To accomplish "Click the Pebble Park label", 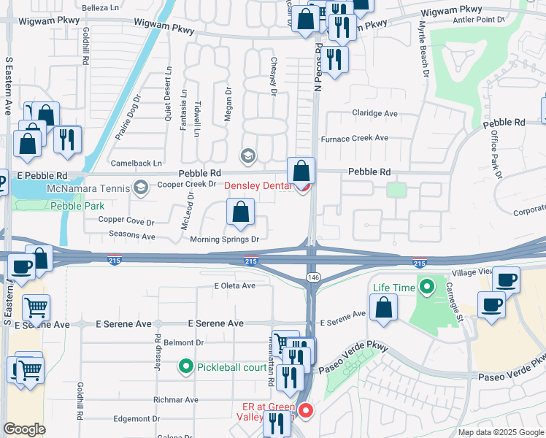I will click(77, 207).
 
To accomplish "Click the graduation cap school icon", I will click(248, 155).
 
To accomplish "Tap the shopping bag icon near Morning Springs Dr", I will click(240, 214).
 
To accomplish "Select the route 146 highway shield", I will click(312, 277).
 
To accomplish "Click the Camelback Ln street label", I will click(136, 163).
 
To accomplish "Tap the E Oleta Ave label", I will click(234, 285).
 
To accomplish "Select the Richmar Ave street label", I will click(176, 400).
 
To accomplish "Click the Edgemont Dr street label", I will click(136, 419).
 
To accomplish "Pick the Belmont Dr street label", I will click(182, 342).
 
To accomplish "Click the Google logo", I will click(25, 429).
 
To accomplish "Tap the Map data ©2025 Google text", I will click(500, 432).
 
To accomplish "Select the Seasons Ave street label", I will click(132, 237).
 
